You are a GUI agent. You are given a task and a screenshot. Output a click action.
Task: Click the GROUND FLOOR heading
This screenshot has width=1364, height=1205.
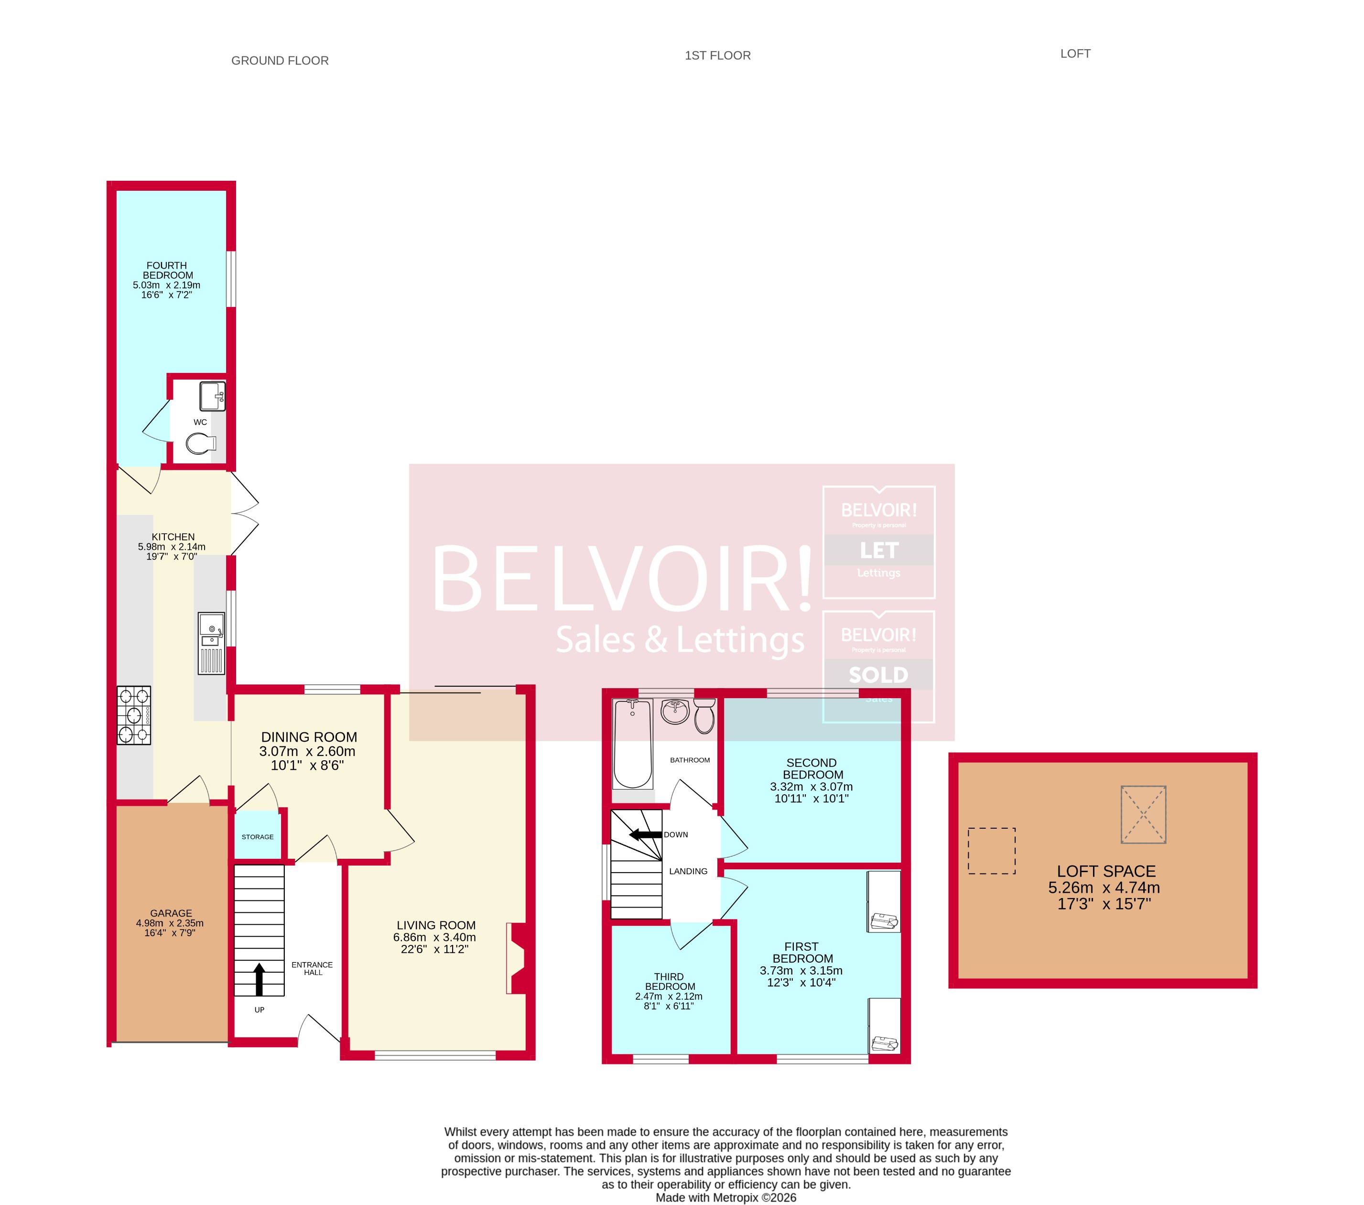pyautogui.click(x=280, y=61)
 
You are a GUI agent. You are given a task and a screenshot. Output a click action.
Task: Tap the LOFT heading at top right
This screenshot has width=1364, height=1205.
pyautogui.click(x=1075, y=54)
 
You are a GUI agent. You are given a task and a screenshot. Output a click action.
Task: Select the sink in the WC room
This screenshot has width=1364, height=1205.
pyautogui.click(x=212, y=396)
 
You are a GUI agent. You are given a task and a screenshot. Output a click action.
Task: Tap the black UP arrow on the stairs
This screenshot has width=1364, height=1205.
pyautogui.click(x=259, y=979)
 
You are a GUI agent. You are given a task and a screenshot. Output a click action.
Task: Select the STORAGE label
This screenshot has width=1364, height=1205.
pyautogui.click(x=258, y=836)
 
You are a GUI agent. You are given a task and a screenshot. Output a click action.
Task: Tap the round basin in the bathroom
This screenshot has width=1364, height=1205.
pyautogui.click(x=675, y=711)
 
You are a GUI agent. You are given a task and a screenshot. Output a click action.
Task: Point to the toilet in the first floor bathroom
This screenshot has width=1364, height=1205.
pyautogui.click(x=704, y=716)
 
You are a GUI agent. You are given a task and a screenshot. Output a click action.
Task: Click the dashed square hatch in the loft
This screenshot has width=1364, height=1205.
pyautogui.click(x=992, y=851)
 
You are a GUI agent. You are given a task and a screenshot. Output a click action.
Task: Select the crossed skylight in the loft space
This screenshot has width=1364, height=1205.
pyautogui.click(x=1143, y=814)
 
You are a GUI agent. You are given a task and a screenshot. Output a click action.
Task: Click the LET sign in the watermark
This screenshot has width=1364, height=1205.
pyautogui.click(x=879, y=550)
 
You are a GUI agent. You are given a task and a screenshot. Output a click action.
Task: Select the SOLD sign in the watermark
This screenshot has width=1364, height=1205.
pyautogui.click(x=878, y=675)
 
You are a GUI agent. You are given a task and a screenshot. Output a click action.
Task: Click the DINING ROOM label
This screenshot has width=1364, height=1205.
pyautogui.click(x=309, y=737)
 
